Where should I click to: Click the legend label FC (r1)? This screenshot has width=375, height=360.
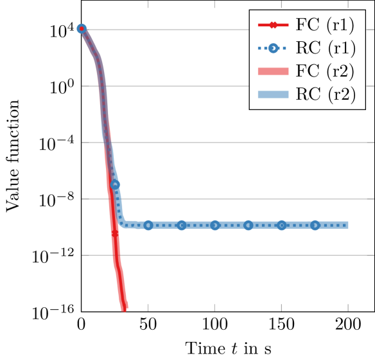[325, 26]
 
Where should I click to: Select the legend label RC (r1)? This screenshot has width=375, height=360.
[325, 48]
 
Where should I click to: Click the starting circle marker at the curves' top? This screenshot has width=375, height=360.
[82, 28]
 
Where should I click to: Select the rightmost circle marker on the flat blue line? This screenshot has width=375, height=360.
[315, 225]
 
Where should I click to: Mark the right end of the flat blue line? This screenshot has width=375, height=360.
[348, 225]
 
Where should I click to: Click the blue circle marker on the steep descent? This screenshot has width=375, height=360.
[115, 184]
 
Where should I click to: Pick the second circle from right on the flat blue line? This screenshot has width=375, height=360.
[281, 225]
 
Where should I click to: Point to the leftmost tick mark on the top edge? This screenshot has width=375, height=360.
[148, 4]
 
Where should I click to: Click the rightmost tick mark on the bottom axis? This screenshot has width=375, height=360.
[348, 308]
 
